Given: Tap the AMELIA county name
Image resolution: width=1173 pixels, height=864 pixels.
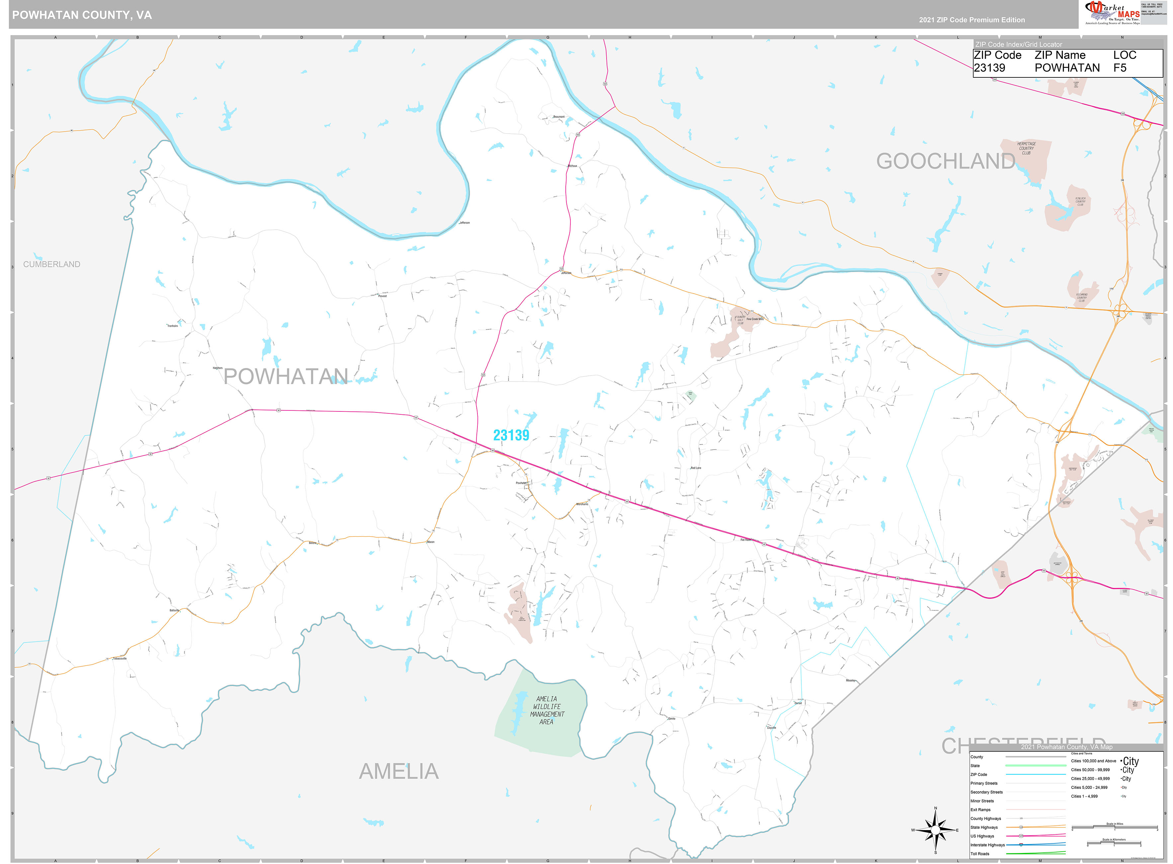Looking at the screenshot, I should pyautogui.click(x=399, y=771).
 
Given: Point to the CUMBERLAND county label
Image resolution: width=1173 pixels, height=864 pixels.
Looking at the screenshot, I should pyautogui.click(x=52, y=264).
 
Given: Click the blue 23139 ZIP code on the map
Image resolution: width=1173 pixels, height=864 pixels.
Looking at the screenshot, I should pyautogui.click(x=511, y=435).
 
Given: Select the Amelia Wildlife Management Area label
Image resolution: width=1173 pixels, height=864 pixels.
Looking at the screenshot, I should pyautogui.click(x=546, y=710).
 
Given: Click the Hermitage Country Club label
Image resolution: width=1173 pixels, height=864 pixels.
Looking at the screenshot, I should pyautogui.click(x=1026, y=148).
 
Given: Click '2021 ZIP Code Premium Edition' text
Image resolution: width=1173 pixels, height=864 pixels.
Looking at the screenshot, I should pyautogui.click(x=972, y=20).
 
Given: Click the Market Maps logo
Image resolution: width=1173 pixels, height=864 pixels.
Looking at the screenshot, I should pyautogui.click(x=1112, y=13).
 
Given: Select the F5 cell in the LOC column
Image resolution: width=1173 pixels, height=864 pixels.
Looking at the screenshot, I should pyautogui.click(x=1119, y=68).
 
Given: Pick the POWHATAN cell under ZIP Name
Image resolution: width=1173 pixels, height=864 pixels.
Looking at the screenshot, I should pyautogui.click(x=1067, y=68).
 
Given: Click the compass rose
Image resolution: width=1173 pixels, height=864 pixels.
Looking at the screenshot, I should pyautogui.click(x=935, y=830).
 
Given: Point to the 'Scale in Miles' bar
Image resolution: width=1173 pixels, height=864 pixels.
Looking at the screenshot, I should pyautogui.click(x=1115, y=828).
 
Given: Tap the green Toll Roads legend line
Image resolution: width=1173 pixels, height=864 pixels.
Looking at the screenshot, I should pyautogui.click(x=1036, y=854).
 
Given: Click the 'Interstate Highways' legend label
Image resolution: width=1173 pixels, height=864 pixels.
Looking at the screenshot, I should pyautogui.click(x=987, y=845).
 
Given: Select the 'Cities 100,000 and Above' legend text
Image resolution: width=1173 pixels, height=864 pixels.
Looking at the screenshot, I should pyautogui.click(x=1093, y=761).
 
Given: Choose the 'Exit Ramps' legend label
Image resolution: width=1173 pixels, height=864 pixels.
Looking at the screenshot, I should pyautogui.click(x=980, y=810).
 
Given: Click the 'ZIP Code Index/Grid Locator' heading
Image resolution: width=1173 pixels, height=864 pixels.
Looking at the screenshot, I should pyautogui.click(x=1018, y=45).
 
